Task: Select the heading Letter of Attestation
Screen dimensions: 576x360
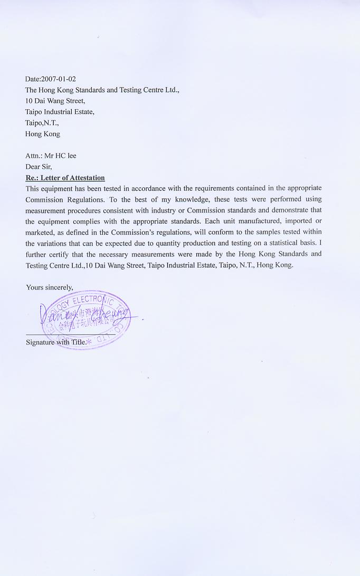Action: click(72, 178)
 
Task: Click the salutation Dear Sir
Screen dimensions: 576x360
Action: click(39, 167)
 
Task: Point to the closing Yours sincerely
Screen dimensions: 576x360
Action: click(50, 287)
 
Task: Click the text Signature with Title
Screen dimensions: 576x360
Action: click(56, 342)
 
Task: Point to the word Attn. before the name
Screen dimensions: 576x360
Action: click(33, 156)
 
